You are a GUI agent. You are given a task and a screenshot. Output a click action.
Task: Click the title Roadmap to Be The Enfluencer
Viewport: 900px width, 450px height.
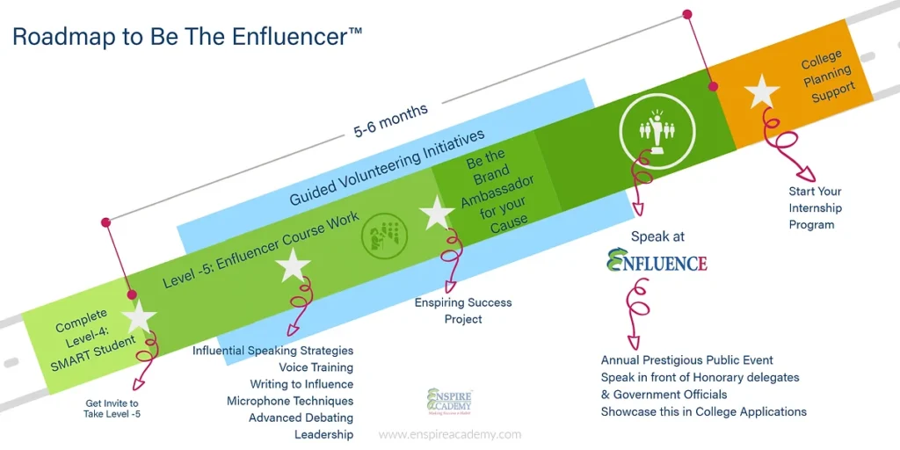[187, 37]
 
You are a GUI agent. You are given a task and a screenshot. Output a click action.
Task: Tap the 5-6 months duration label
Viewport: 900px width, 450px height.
[390, 120]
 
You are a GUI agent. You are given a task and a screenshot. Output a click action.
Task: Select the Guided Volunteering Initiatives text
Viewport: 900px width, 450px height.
[387, 168]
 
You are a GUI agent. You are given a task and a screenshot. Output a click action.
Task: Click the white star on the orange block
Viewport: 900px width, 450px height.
[762, 91]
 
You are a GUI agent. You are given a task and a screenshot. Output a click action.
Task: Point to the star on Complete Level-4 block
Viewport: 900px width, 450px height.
[139, 317]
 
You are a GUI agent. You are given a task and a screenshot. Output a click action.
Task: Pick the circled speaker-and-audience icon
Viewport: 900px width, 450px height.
[651, 130]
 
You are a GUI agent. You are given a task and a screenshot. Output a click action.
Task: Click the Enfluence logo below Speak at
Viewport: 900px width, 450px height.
[657, 261]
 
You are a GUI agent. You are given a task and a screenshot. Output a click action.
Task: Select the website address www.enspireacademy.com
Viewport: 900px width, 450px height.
[450, 434]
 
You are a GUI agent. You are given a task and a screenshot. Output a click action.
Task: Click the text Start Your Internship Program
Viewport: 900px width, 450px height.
[815, 208]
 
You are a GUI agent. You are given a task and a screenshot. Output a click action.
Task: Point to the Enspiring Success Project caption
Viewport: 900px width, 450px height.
[463, 310]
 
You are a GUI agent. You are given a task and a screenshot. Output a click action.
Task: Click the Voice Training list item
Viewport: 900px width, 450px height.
[316, 367]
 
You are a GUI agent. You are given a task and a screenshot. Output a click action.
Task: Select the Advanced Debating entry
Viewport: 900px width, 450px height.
[301, 417]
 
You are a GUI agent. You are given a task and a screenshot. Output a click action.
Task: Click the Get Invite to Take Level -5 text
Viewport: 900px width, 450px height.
[112, 410]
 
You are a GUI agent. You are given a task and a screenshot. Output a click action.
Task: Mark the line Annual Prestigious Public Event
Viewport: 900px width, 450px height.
[687, 360]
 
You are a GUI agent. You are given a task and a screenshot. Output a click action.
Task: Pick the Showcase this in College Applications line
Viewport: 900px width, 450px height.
[703, 411]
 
